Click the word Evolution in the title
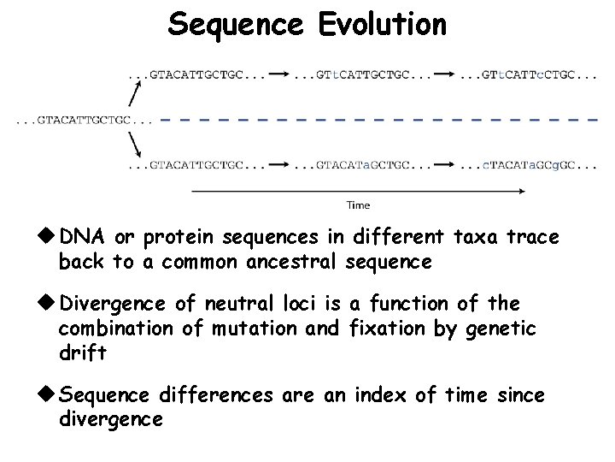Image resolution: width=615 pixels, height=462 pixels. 383,24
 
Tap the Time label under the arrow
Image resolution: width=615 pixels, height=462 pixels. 358,205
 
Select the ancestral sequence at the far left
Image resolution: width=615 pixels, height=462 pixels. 84,120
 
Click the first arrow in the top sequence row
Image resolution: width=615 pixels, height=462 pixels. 278,75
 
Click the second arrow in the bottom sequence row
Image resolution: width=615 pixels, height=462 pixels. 444,163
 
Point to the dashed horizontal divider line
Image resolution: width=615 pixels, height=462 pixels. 376,120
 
